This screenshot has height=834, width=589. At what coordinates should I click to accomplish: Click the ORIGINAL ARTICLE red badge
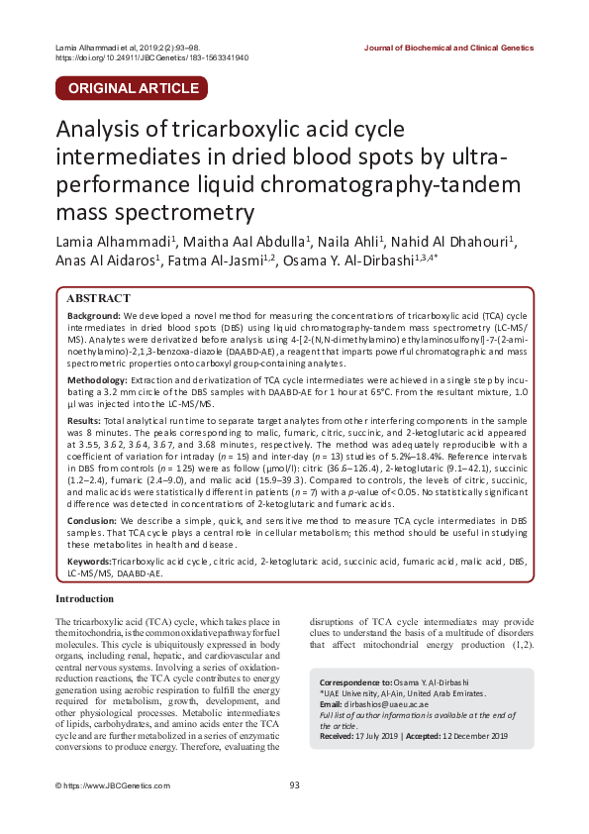pyautogui.click(x=131, y=88)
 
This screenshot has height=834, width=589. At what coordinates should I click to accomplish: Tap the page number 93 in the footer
pyautogui.click(x=294, y=785)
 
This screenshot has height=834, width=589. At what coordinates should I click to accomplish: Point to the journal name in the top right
pyautogui.click(x=448, y=47)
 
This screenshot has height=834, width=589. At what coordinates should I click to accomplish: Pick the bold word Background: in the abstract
pyautogui.click(x=94, y=314)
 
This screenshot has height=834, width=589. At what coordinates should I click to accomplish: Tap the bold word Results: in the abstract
pyautogui.click(x=87, y=421)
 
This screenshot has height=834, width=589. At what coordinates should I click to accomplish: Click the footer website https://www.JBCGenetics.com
pyautogui.click(x=107, y=785)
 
